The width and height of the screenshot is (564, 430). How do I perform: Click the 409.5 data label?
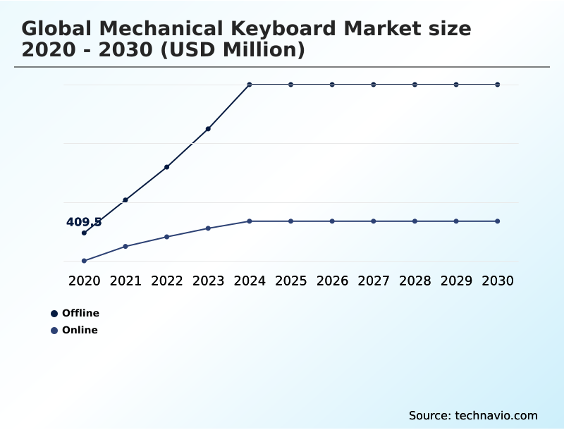tap(84, 222)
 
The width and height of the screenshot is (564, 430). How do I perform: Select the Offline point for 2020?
tap(84, 233)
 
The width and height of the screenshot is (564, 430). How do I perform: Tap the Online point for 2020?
tap(84, 261)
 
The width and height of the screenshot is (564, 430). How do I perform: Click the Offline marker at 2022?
tap(167, 167)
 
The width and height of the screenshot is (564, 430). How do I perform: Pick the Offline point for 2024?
tap(250, 85)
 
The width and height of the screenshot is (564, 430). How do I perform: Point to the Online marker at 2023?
tap(208, 228)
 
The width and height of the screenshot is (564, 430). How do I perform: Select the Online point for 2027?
tap(374, 221)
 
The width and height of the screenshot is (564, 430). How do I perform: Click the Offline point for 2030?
tap(498, 85)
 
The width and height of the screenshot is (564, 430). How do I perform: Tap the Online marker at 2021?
tap(125, 246)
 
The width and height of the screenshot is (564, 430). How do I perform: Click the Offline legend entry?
tap(75, 313)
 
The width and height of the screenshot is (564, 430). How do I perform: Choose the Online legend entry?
tap(75, 330)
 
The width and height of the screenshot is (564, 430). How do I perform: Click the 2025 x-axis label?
tap(290, 281)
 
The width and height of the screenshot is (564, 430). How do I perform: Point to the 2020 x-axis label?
tap(84, 281)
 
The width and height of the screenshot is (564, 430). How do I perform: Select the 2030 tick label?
tap(498, 281)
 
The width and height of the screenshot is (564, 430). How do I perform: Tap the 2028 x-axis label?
tap(415, 281)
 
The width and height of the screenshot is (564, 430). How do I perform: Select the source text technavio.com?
tap(496, 415)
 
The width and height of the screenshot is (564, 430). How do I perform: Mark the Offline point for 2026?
tap(332, 85)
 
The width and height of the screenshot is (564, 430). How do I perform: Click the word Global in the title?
tap(56, 29)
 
